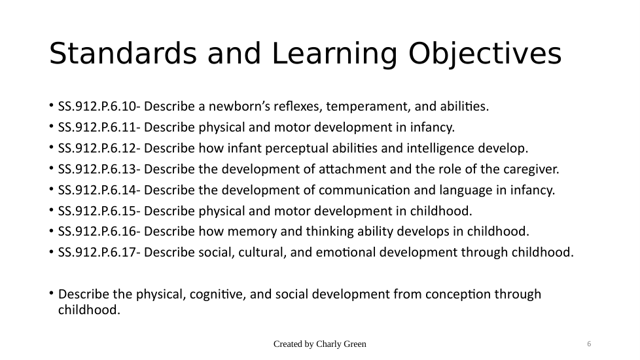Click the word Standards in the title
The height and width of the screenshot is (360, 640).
tap(123, 53)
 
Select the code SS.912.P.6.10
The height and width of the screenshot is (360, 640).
tap(97, 107)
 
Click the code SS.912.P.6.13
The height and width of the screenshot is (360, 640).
tap(97, 169)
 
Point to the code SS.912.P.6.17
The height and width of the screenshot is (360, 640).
tap(97, 252)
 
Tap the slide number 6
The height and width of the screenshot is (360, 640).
tap(589, 344)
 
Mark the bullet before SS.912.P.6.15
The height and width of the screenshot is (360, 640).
tap(52, 210)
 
